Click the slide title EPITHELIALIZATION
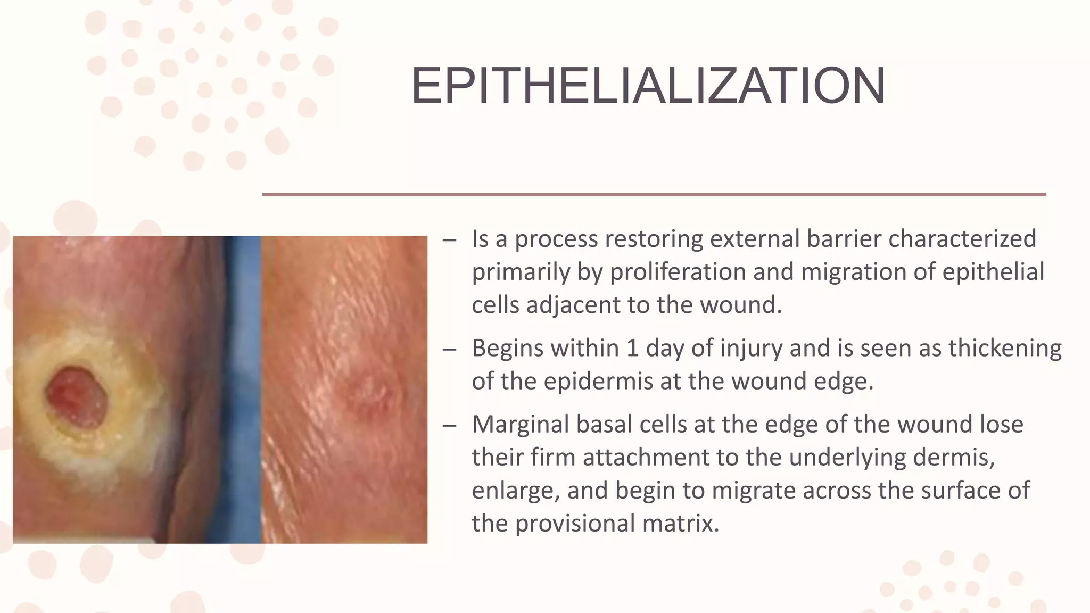[648, 86]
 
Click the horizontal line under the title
[654, 195]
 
